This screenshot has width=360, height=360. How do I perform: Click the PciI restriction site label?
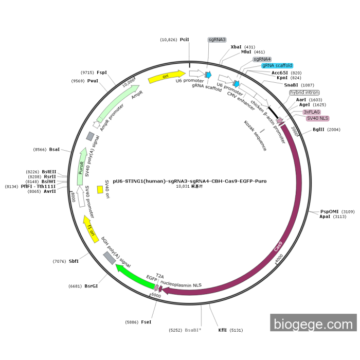point(185,40)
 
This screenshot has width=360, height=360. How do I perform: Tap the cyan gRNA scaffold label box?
point(277,65)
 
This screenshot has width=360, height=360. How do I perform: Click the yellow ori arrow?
point(166,77)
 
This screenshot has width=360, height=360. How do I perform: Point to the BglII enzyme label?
point(318,130)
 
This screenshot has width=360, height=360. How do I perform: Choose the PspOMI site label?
point(330,211)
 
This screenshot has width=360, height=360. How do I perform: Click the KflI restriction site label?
point(222,330)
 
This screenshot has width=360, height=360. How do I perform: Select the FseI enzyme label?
point(147,322)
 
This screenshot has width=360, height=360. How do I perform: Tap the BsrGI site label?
point(91,286)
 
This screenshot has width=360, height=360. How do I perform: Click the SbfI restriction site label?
point(74,261)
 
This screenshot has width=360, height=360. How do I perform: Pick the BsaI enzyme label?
point(55,150)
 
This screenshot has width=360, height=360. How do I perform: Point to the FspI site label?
point(102,73)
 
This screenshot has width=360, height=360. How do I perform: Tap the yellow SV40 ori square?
point(100,190)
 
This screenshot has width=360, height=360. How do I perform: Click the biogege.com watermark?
point(313,324)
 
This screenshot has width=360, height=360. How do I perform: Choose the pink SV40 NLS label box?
point(317,118)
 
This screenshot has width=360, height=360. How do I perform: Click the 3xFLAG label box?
point(312,112)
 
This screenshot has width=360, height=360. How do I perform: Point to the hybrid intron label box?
point(304,93)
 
